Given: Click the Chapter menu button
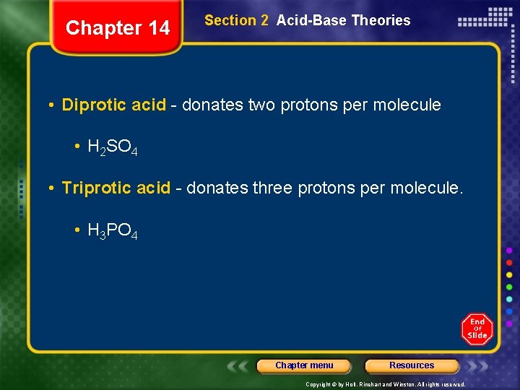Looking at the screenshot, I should [304, 365].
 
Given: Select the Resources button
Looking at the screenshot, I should [412, 365].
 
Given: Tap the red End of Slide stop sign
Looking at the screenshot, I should [477, 329].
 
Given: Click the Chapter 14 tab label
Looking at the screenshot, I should [118, 28].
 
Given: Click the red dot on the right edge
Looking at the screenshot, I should [509, 262].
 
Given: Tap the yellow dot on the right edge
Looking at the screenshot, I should [509, 274].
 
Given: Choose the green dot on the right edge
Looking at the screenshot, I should [509, 287].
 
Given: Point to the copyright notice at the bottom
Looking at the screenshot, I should [385, 384].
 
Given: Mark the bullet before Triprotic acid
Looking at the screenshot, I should [53, 189].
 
